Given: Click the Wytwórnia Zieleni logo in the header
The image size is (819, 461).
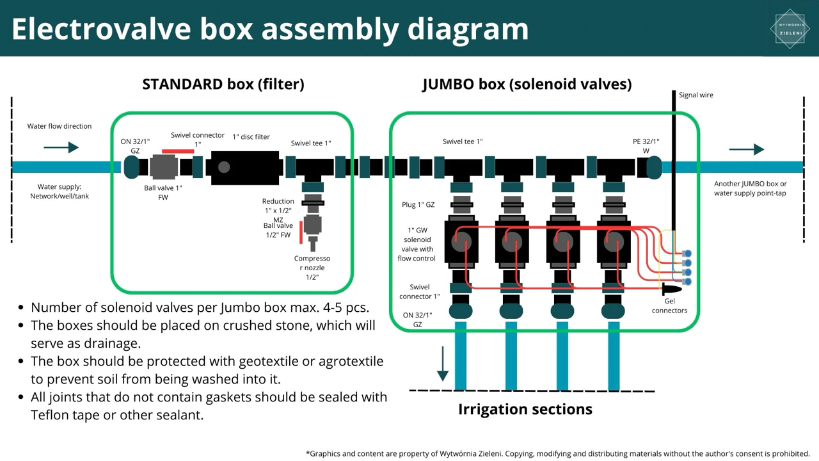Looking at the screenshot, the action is tap(790, 29).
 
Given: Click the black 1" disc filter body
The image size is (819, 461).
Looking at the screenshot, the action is tap(244, 168).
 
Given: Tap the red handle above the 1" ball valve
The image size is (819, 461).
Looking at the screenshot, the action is tap(178, 151).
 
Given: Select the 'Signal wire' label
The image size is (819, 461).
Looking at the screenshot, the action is tap(696, 95).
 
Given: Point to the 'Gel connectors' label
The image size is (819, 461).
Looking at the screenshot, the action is tap(669, 305).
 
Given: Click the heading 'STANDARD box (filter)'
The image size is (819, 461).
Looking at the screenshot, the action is tap(223, 84).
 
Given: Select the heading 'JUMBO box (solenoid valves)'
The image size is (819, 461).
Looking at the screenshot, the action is tap(527, 84).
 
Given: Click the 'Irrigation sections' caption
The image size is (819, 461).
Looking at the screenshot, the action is tap(525, 409).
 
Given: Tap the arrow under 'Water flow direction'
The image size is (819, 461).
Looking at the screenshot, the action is tap(61, 147).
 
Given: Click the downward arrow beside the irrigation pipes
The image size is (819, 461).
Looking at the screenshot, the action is tap(443, 364).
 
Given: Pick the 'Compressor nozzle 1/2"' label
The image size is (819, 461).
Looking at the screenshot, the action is tap(312, 268).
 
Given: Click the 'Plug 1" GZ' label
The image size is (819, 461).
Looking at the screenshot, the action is tap(418, 204).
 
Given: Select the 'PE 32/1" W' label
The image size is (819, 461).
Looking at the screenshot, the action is tap(646, 146).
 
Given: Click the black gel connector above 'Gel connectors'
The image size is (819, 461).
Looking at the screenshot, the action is tap(672, 289).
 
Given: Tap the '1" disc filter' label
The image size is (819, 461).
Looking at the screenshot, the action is tap(251, 137).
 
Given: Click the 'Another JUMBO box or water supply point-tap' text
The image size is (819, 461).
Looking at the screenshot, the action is tap(751, 188).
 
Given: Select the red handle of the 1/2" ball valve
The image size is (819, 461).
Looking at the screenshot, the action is tap(301, 232).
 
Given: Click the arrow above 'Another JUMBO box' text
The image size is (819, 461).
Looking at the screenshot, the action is tap(747, 149).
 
